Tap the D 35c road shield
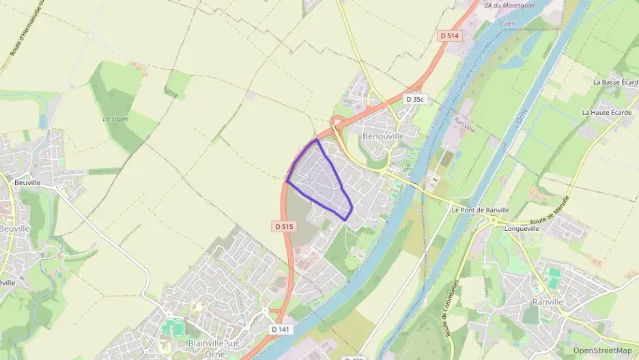tap(415, 99)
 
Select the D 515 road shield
tap(284, 226)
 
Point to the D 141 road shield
tap(280, 329)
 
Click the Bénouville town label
tap(383, 136)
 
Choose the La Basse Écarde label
tap(615, 82)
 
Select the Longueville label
tap(519, 230)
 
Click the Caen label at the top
tap(507, 23)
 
